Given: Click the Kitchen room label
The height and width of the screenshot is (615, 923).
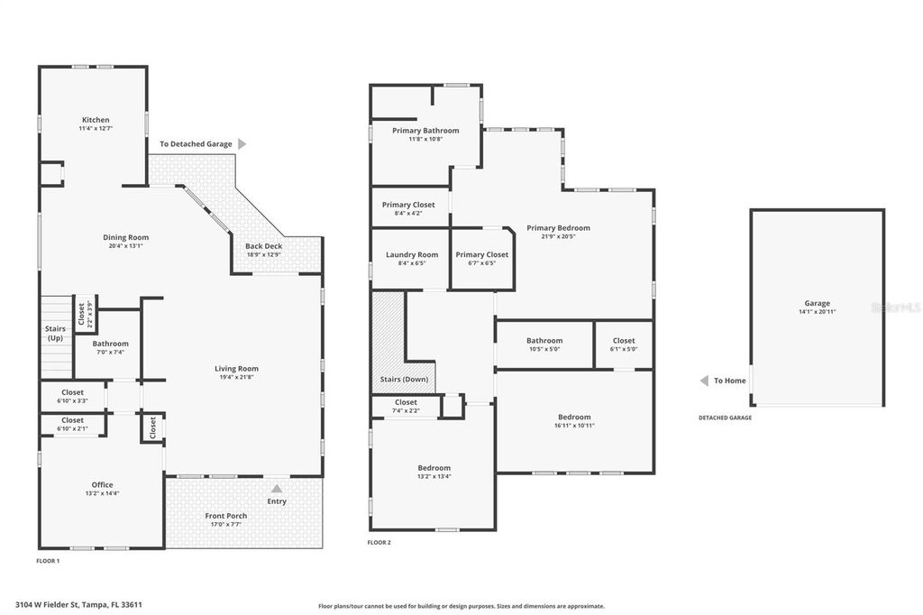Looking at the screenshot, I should point(96,120).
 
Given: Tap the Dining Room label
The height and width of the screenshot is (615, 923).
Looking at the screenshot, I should point(125,237).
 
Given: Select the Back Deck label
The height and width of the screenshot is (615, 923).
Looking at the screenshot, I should point(264,245).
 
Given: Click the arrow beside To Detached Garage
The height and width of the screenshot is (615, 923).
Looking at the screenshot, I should point(242,143).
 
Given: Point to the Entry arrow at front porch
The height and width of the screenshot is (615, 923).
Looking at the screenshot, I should point(277,488).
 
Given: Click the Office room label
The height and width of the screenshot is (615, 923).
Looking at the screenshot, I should point(102,485).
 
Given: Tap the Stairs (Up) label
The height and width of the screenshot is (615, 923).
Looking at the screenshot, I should point(55,334).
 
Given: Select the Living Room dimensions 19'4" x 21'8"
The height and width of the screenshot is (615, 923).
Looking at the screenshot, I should point(236,377).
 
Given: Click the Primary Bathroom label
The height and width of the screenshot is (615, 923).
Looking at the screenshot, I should point(425,131).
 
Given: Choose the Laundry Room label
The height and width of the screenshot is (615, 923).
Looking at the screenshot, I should point(412,255).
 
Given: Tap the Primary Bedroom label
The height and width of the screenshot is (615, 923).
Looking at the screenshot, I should point(558,228).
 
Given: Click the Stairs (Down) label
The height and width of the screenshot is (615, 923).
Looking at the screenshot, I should point(404,380).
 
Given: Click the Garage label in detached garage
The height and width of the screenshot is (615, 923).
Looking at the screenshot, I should point(817,303).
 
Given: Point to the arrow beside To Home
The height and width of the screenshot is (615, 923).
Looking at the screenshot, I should point(704,381).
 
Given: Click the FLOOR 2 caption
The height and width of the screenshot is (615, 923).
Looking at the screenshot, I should point(379,542).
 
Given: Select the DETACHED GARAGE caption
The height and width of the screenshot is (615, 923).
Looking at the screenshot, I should point(725,418).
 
